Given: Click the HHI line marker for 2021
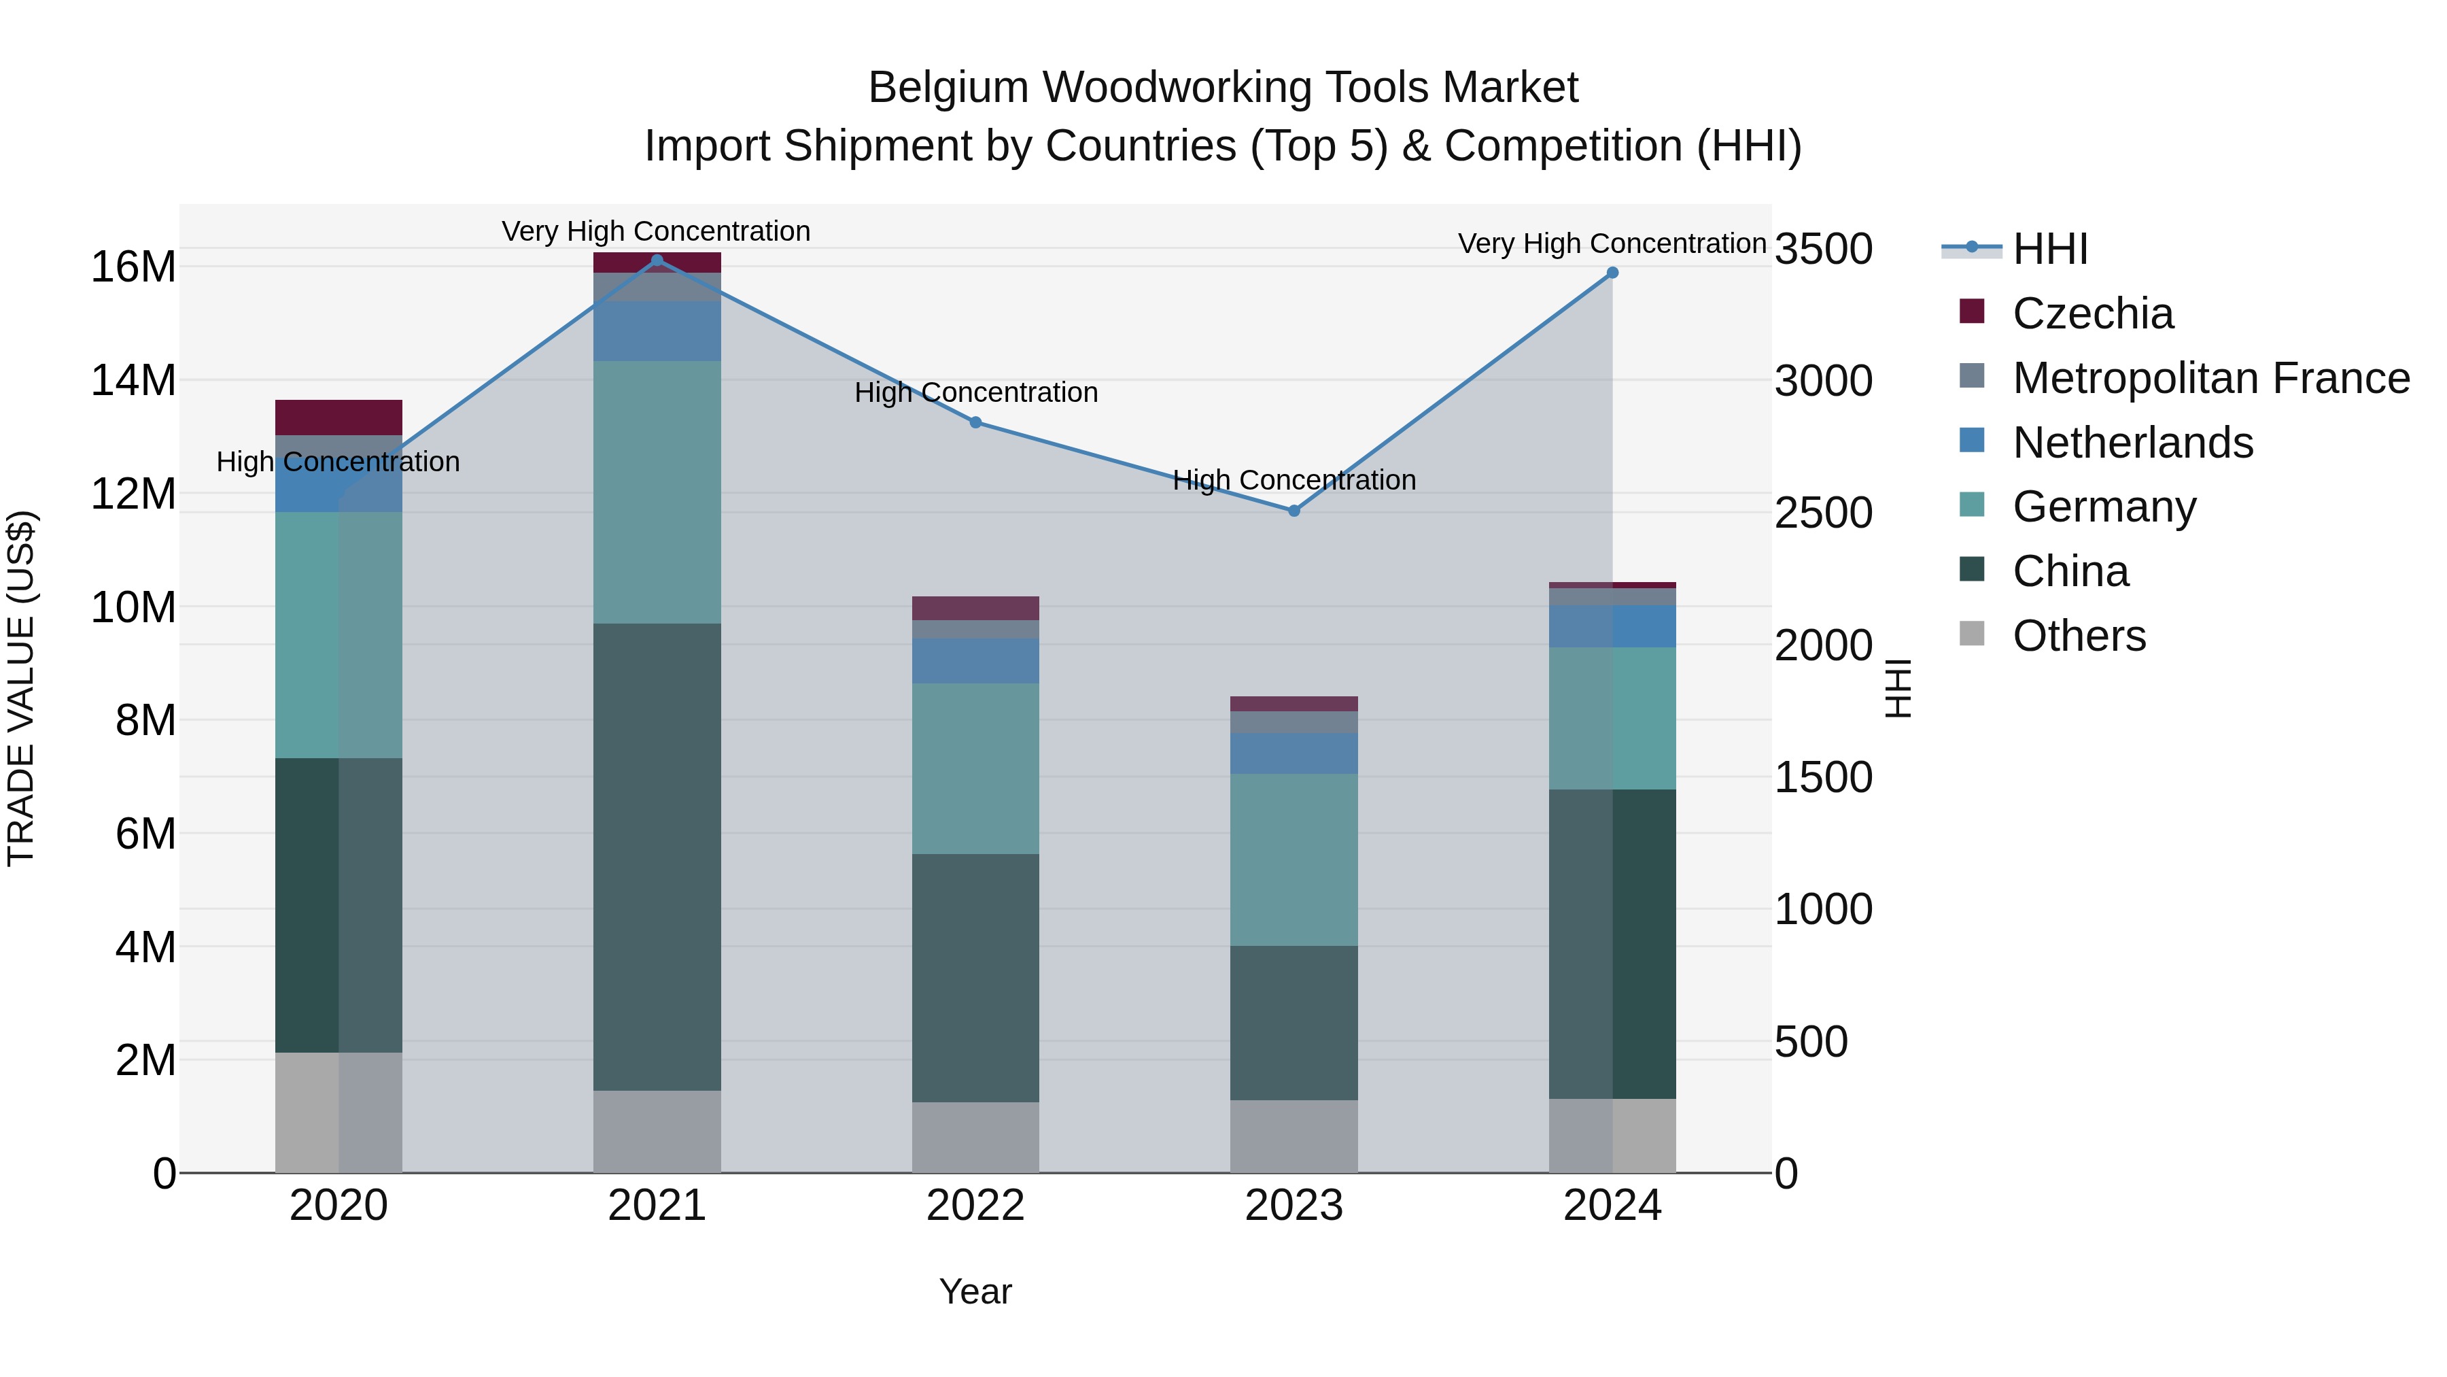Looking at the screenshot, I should click(657, 260).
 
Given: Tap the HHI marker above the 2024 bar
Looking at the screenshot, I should click(1612, 273).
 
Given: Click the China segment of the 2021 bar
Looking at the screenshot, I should click(657, 855).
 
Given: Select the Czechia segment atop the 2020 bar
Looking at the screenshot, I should click(339, 418).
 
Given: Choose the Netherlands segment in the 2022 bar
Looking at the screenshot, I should click(975, 660).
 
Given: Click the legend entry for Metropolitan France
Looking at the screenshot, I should click(2210, 378).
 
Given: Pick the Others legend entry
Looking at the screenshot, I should click(2079, 636).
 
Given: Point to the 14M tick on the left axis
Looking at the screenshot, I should click(133, 380).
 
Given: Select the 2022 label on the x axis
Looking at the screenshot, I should click(975, 1206).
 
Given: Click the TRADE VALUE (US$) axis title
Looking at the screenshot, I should click(21, 688).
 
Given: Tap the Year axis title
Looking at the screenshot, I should click(975, 1291).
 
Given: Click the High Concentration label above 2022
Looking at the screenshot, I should click(975, 392).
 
